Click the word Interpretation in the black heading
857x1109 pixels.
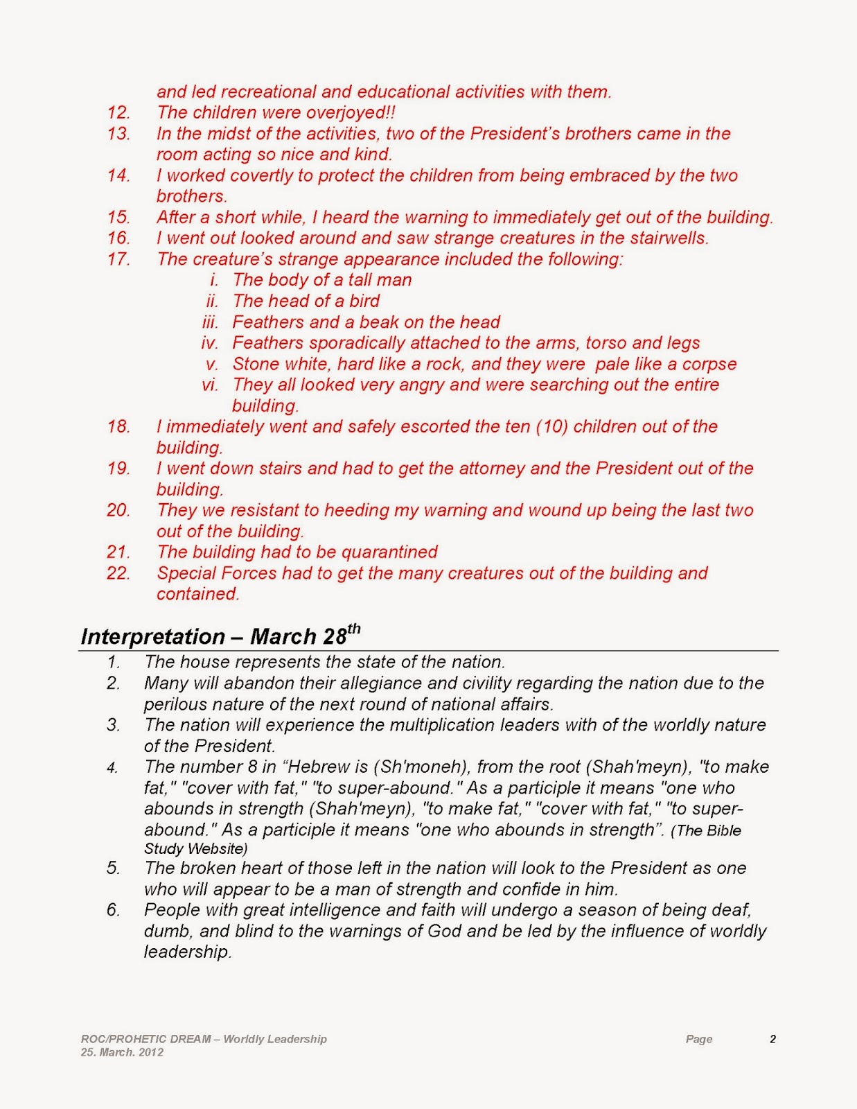click(152, 636)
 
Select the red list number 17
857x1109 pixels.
click(118, 259)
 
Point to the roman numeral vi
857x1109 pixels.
click(210, 385)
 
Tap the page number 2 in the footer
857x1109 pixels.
click(772, 1039)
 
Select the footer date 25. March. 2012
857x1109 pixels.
click(122, 1052)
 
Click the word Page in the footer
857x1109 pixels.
click(698, 1039)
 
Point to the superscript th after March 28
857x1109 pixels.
click(353, 628)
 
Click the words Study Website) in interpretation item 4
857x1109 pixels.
click(195, 848)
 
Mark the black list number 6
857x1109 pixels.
click(113, 910)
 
